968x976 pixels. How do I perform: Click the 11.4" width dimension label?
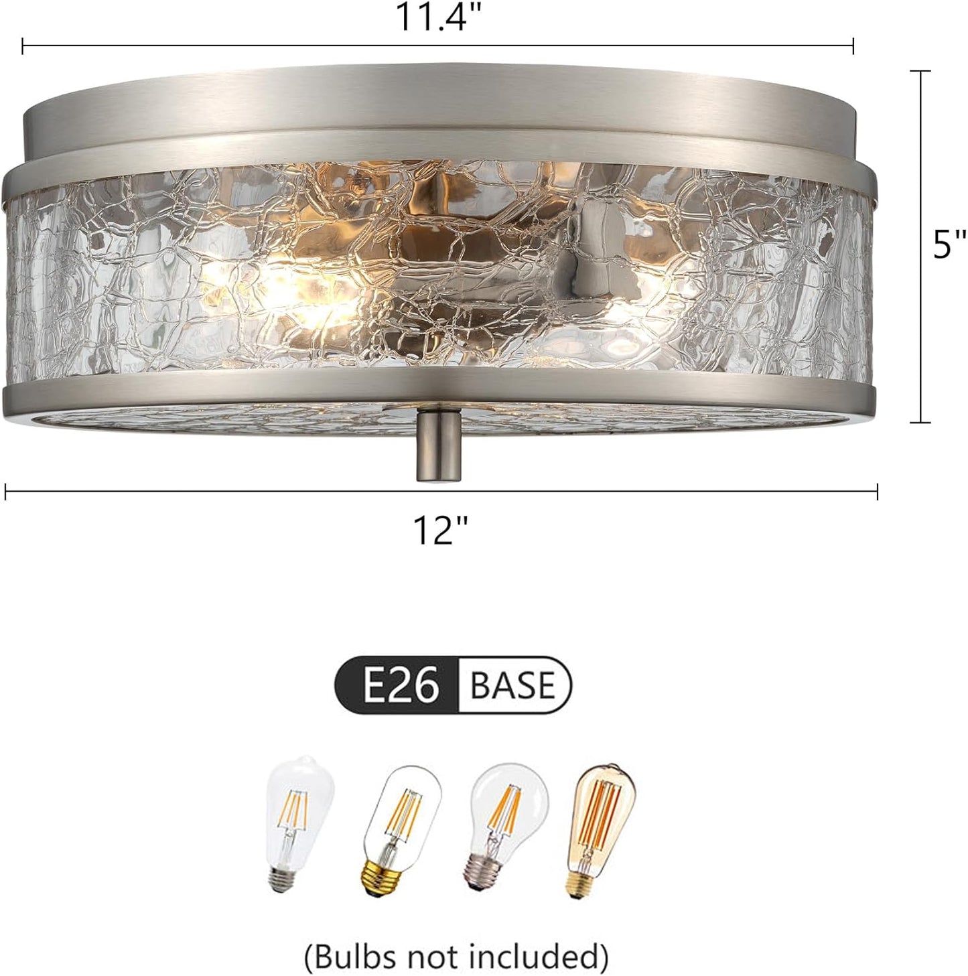tap(440, 18)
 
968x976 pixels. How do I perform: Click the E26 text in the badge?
tap(401, 685)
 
